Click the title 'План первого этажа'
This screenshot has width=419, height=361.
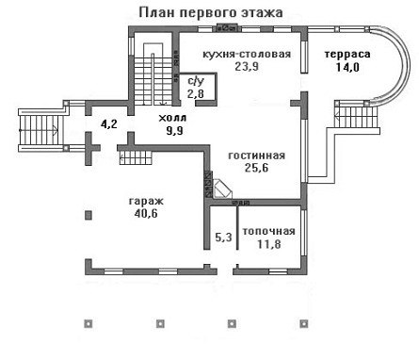coord(211,13)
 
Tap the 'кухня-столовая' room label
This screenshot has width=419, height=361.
coord(247,54)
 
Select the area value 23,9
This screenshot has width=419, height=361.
coord(247,67)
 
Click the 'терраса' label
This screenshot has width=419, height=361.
coord(347,54)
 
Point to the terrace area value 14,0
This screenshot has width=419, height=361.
coord(347,67)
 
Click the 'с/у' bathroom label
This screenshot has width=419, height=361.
coord(196,81)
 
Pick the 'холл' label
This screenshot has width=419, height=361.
coord(172,118)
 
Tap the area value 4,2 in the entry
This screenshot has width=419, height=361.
coord(109,123)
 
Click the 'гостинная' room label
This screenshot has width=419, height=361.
coord(257,156)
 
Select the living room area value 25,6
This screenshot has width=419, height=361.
coord(257,168)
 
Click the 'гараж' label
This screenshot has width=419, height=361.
coord(146,201)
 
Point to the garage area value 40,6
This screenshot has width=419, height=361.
coord(146,214)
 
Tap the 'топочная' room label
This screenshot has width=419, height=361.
coord(269,231)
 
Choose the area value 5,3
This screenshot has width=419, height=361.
coord(224,237)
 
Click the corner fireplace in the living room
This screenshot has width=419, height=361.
coord(222,189)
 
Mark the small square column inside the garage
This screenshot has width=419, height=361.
coord(89,215)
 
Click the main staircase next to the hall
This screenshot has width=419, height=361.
coord(153,75)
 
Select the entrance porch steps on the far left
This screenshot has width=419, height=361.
coord(40,130)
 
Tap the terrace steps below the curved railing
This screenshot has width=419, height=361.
coord(357,116)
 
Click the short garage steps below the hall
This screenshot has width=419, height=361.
coord(136,157)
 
